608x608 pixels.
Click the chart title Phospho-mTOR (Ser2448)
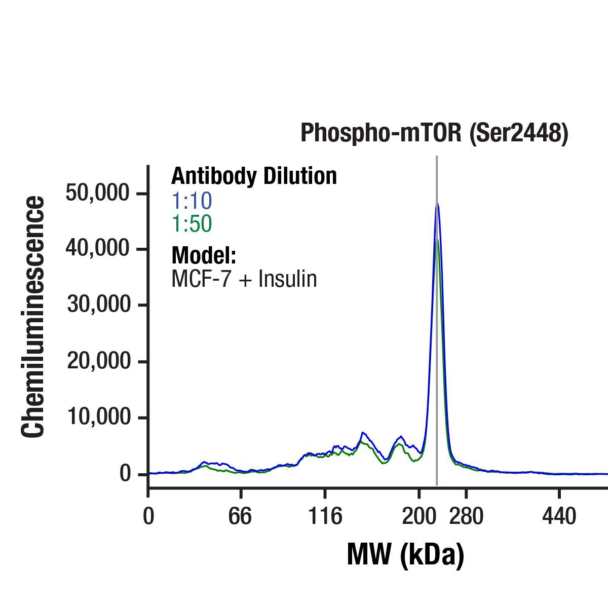(434, 133)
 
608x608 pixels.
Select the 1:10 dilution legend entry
(192, 201)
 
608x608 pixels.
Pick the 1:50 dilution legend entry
(192, 224)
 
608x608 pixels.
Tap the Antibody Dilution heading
(254, 176)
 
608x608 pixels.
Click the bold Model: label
(204, 255)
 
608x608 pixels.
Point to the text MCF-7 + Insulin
(244, 279)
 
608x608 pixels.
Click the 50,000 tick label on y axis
(98, 193)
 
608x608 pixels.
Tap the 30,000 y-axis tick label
(98, 305)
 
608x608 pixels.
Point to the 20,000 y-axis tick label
(98, 361)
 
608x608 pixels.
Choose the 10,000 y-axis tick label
(98, 417)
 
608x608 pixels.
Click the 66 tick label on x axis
(240, 517)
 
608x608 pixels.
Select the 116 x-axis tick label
(325, 517)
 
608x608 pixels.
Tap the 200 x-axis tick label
(419, 517)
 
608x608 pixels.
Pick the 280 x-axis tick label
(466, 517)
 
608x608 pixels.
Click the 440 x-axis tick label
(559, 517)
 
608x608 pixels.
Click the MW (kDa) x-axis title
(405, 555)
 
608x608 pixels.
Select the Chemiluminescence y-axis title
(33, 317)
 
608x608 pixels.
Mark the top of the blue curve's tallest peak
(437, 204)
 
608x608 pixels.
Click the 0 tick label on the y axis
(126, 474)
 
